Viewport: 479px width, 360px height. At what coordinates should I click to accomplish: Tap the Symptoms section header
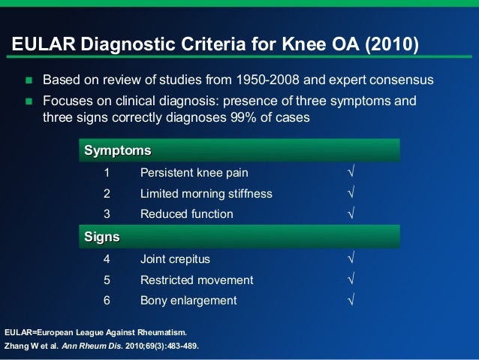pyautogui.click(x=118, y=150)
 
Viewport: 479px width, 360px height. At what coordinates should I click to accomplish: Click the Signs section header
pyautogui.click(x=102, y=237)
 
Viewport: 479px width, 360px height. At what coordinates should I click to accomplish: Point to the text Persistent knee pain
pyautogui.click(x=194, y=172)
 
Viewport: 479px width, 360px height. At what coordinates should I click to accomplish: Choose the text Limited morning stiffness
pyautogui.click(x=206, y=193)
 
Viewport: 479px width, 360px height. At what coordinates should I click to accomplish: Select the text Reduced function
pyautogui.click(x=186, y=214)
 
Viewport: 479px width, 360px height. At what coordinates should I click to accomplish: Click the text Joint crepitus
pyautogui.click(x=175, y=259)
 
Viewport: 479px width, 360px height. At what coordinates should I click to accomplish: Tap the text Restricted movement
pyautogui.click(x=197, y=280)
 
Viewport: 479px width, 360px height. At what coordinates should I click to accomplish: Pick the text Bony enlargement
pyautogui.click(x=188, y=301)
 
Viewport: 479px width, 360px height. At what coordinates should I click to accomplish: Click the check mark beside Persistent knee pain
pyautogui.click(x=351, y=172)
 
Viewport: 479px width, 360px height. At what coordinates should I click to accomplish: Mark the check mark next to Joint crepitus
pyautogui.click(x=351, y=259)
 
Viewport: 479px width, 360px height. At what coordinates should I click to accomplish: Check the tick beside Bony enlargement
pyautogui.click(x=351, y=301)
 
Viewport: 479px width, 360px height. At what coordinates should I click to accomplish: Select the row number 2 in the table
pyautogui.click(x=107, y=193)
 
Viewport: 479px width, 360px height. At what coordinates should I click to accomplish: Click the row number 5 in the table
pyautogui.click(x=107, y=280)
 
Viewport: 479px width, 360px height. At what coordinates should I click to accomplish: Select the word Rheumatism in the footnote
pyautogui.click(x=158, y=331)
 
